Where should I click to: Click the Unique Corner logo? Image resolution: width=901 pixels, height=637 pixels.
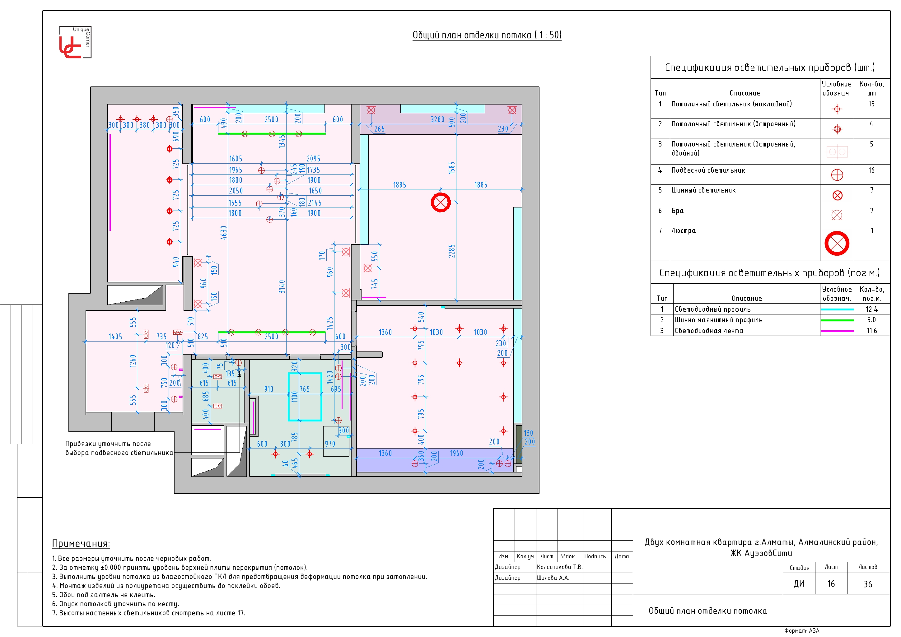[75, 42]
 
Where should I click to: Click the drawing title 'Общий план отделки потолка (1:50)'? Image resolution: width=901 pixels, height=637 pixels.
[487, 35]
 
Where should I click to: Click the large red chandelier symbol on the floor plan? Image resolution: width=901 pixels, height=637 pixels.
[441, 202]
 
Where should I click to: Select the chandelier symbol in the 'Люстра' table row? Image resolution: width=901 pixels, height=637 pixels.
[837, 243]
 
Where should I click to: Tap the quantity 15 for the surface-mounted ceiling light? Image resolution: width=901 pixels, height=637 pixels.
[871, 104]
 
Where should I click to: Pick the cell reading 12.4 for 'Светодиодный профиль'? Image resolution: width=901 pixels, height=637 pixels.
[871, 309]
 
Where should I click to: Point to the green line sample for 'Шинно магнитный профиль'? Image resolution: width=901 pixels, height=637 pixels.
[837, 320]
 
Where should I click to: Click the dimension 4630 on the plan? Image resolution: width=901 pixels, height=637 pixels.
[224, 233]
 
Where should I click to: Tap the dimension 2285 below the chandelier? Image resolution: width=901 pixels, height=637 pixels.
[452, 251]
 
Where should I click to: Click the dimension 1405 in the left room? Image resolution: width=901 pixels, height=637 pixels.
[115, 337]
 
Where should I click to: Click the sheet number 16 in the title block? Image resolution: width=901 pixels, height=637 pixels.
[831, 584]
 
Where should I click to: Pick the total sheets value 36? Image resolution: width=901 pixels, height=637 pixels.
[868, 584]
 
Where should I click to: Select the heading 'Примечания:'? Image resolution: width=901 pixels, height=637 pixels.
[81, 544]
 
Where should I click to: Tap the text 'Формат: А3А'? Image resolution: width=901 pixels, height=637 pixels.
[802, 631]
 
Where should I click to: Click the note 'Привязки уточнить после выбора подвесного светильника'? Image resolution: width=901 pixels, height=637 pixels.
[119, 448]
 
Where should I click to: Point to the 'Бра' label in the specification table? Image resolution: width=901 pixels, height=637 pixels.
[677, 211]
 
